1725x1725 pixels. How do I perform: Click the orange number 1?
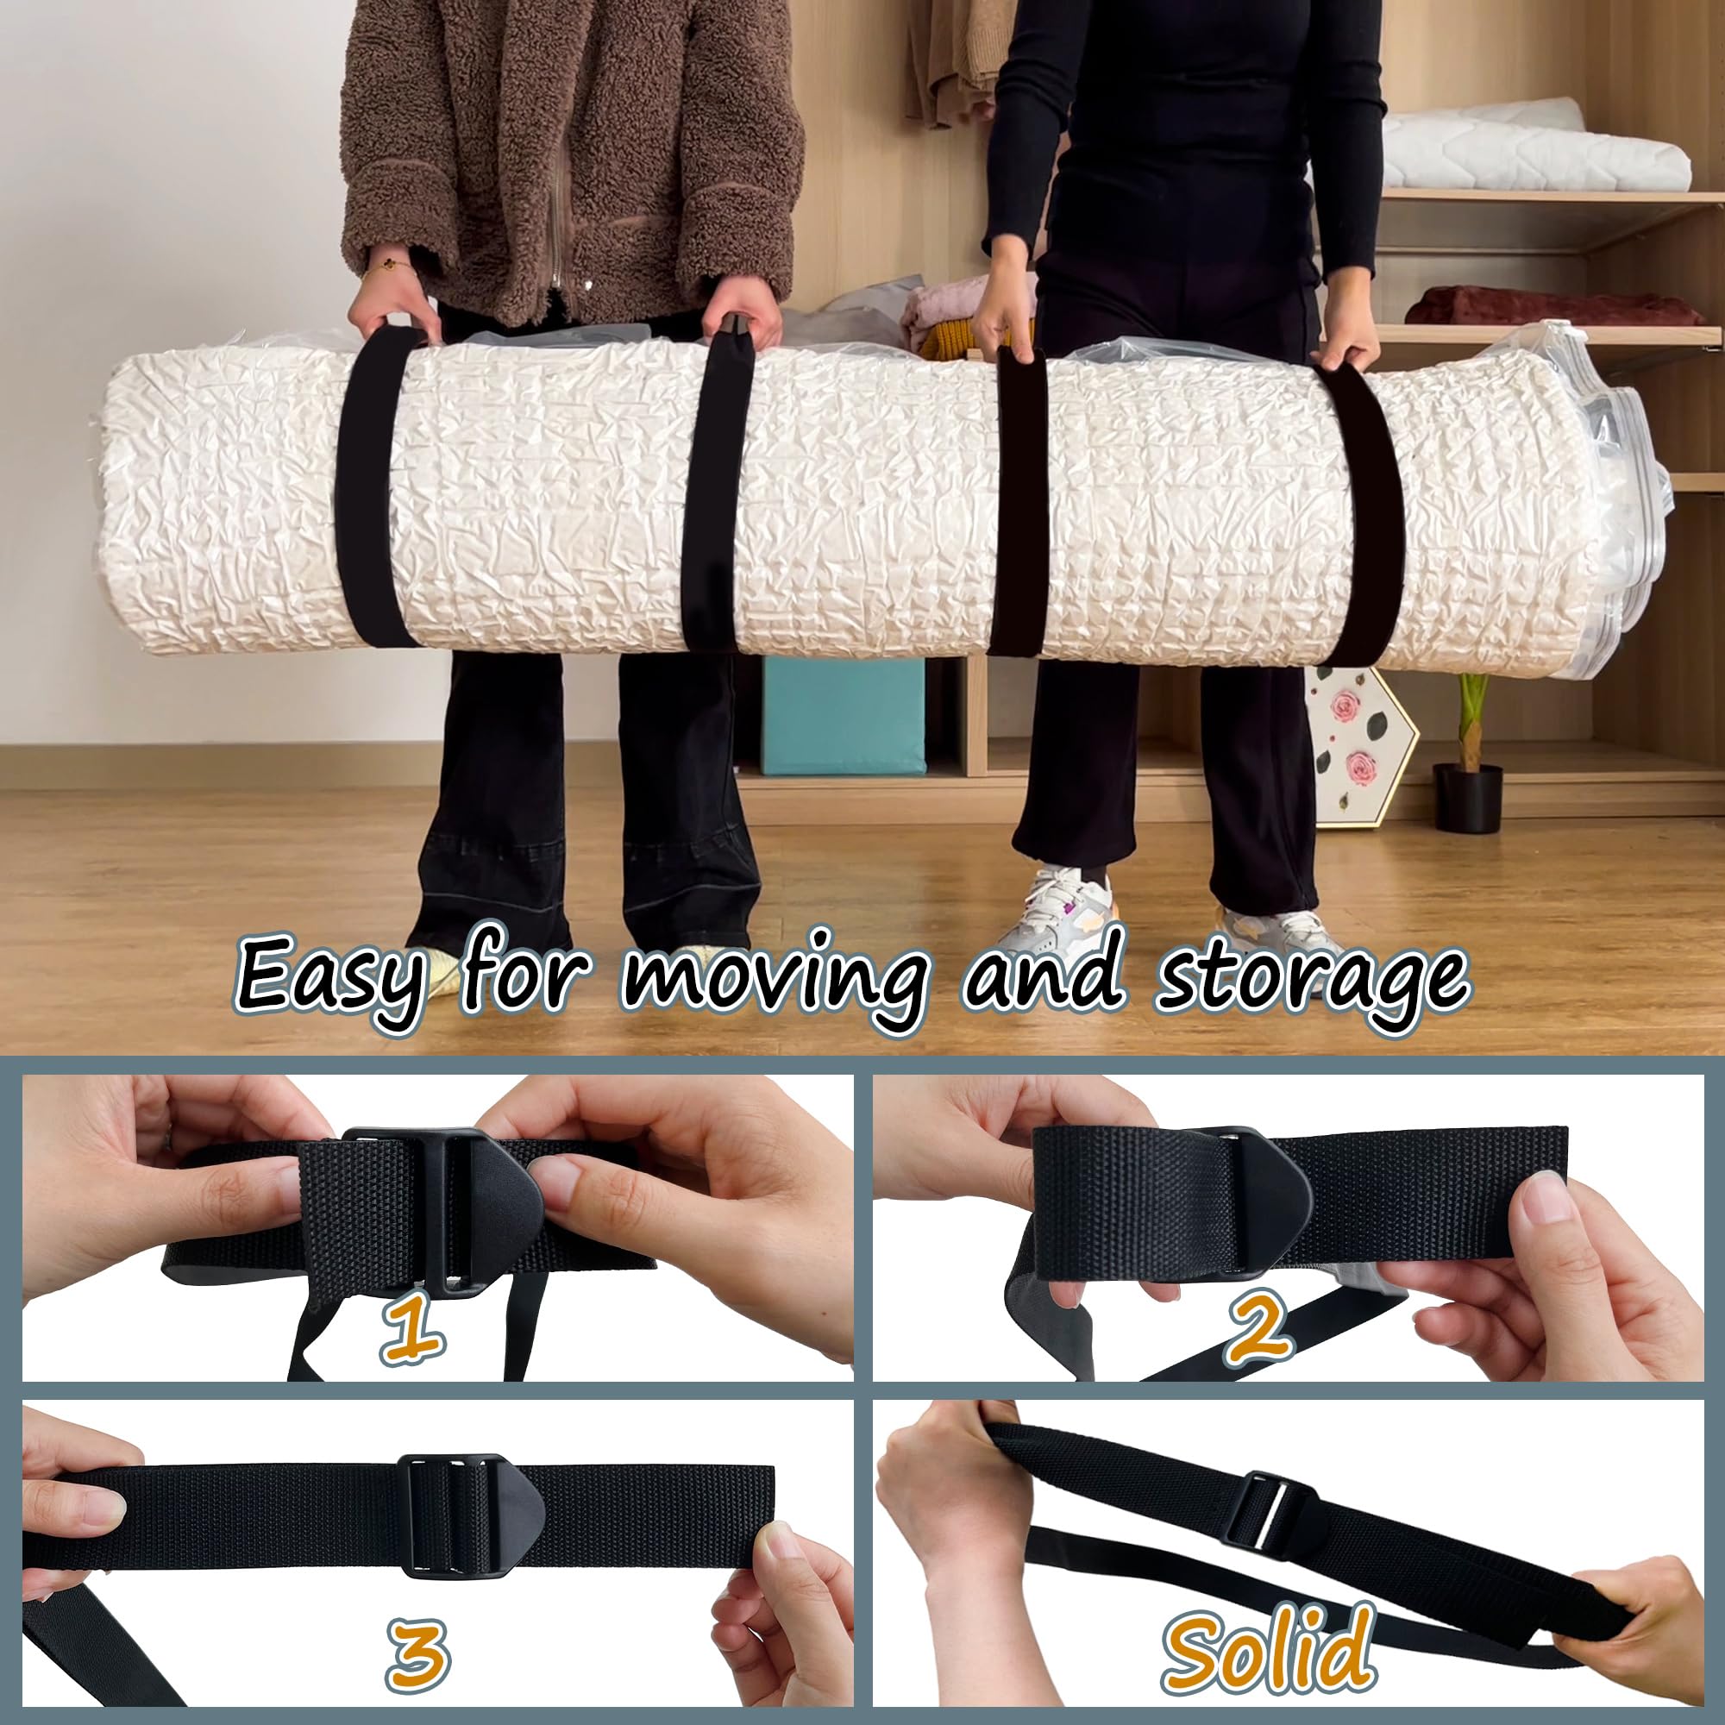[x=413, y=1327]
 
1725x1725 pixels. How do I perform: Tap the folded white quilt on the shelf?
[x=1535, y=147]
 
